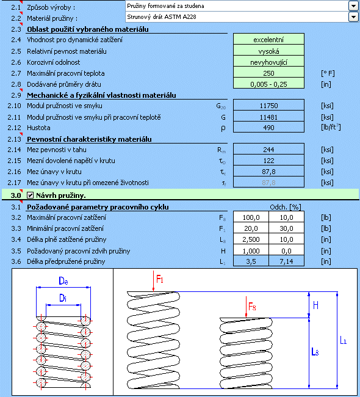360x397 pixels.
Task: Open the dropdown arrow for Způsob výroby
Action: pos(353,5)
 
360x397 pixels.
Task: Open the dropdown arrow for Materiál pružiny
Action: pos(353,16)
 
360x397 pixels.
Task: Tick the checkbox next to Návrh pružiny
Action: pos(30,195)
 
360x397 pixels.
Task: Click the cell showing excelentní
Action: pos(268,40)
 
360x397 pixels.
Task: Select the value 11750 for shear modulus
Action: pos(268,105)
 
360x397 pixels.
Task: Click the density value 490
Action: pos(268,128)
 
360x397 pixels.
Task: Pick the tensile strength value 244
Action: pos(268,150)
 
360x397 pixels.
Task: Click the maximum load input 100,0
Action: pos(251,217)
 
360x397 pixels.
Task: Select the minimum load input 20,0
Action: pos(251,228)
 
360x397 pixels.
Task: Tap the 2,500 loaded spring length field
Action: pos(251,239)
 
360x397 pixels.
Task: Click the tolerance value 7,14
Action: pos(286,261)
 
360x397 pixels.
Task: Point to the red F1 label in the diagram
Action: pos(160,279)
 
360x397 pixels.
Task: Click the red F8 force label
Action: pos(252,307)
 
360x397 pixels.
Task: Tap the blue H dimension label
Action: pos(315,305)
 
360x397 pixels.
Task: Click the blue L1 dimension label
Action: pos(343,340)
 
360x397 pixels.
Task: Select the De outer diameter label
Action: pos(63,281)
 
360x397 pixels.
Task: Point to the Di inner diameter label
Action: pos(63,298)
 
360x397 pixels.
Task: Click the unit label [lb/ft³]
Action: pos(331,127)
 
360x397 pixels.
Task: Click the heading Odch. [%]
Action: pos(286,207)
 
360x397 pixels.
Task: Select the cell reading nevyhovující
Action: pos(268,62)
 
